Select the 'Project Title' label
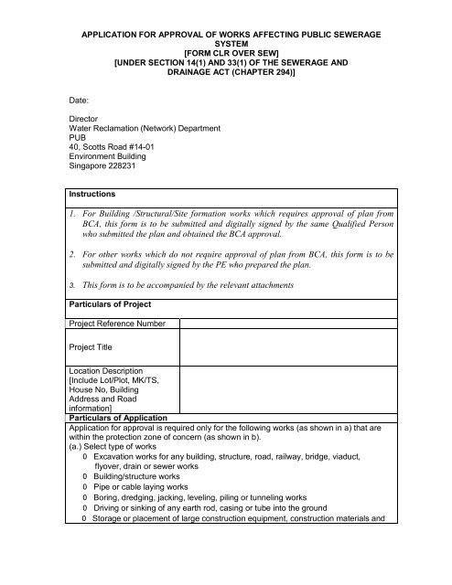95,347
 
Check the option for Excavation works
84,454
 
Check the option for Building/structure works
84,476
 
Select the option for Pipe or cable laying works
84,489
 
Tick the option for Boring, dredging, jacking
84,501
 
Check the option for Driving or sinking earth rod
84,514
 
